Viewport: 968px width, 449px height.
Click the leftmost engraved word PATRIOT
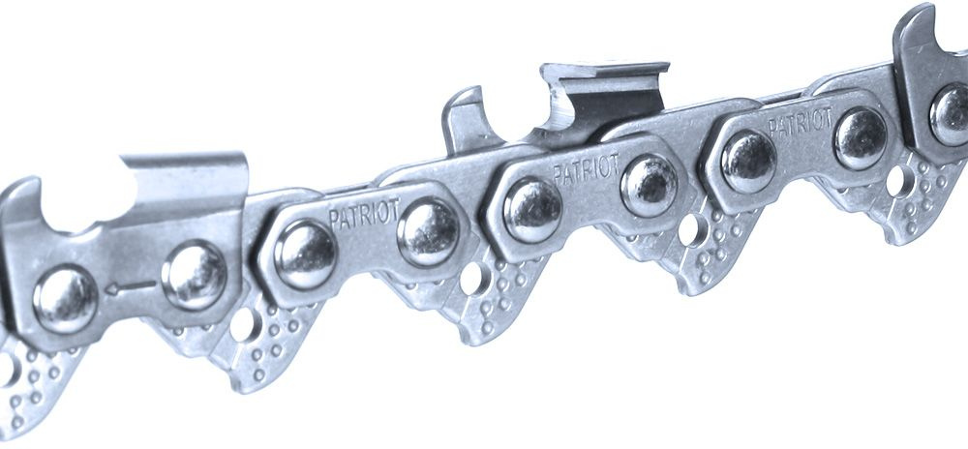364,213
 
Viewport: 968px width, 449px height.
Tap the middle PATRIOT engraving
586,167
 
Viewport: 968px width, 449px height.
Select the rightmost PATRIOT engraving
800,123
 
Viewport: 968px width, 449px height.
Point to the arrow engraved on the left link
130,287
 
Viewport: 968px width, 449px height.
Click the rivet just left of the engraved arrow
66,298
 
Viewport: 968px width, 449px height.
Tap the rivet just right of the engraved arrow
194,275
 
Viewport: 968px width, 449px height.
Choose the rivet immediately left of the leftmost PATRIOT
305,254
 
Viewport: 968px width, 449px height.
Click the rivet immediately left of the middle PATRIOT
532,210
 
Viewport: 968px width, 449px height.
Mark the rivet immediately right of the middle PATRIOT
649,184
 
